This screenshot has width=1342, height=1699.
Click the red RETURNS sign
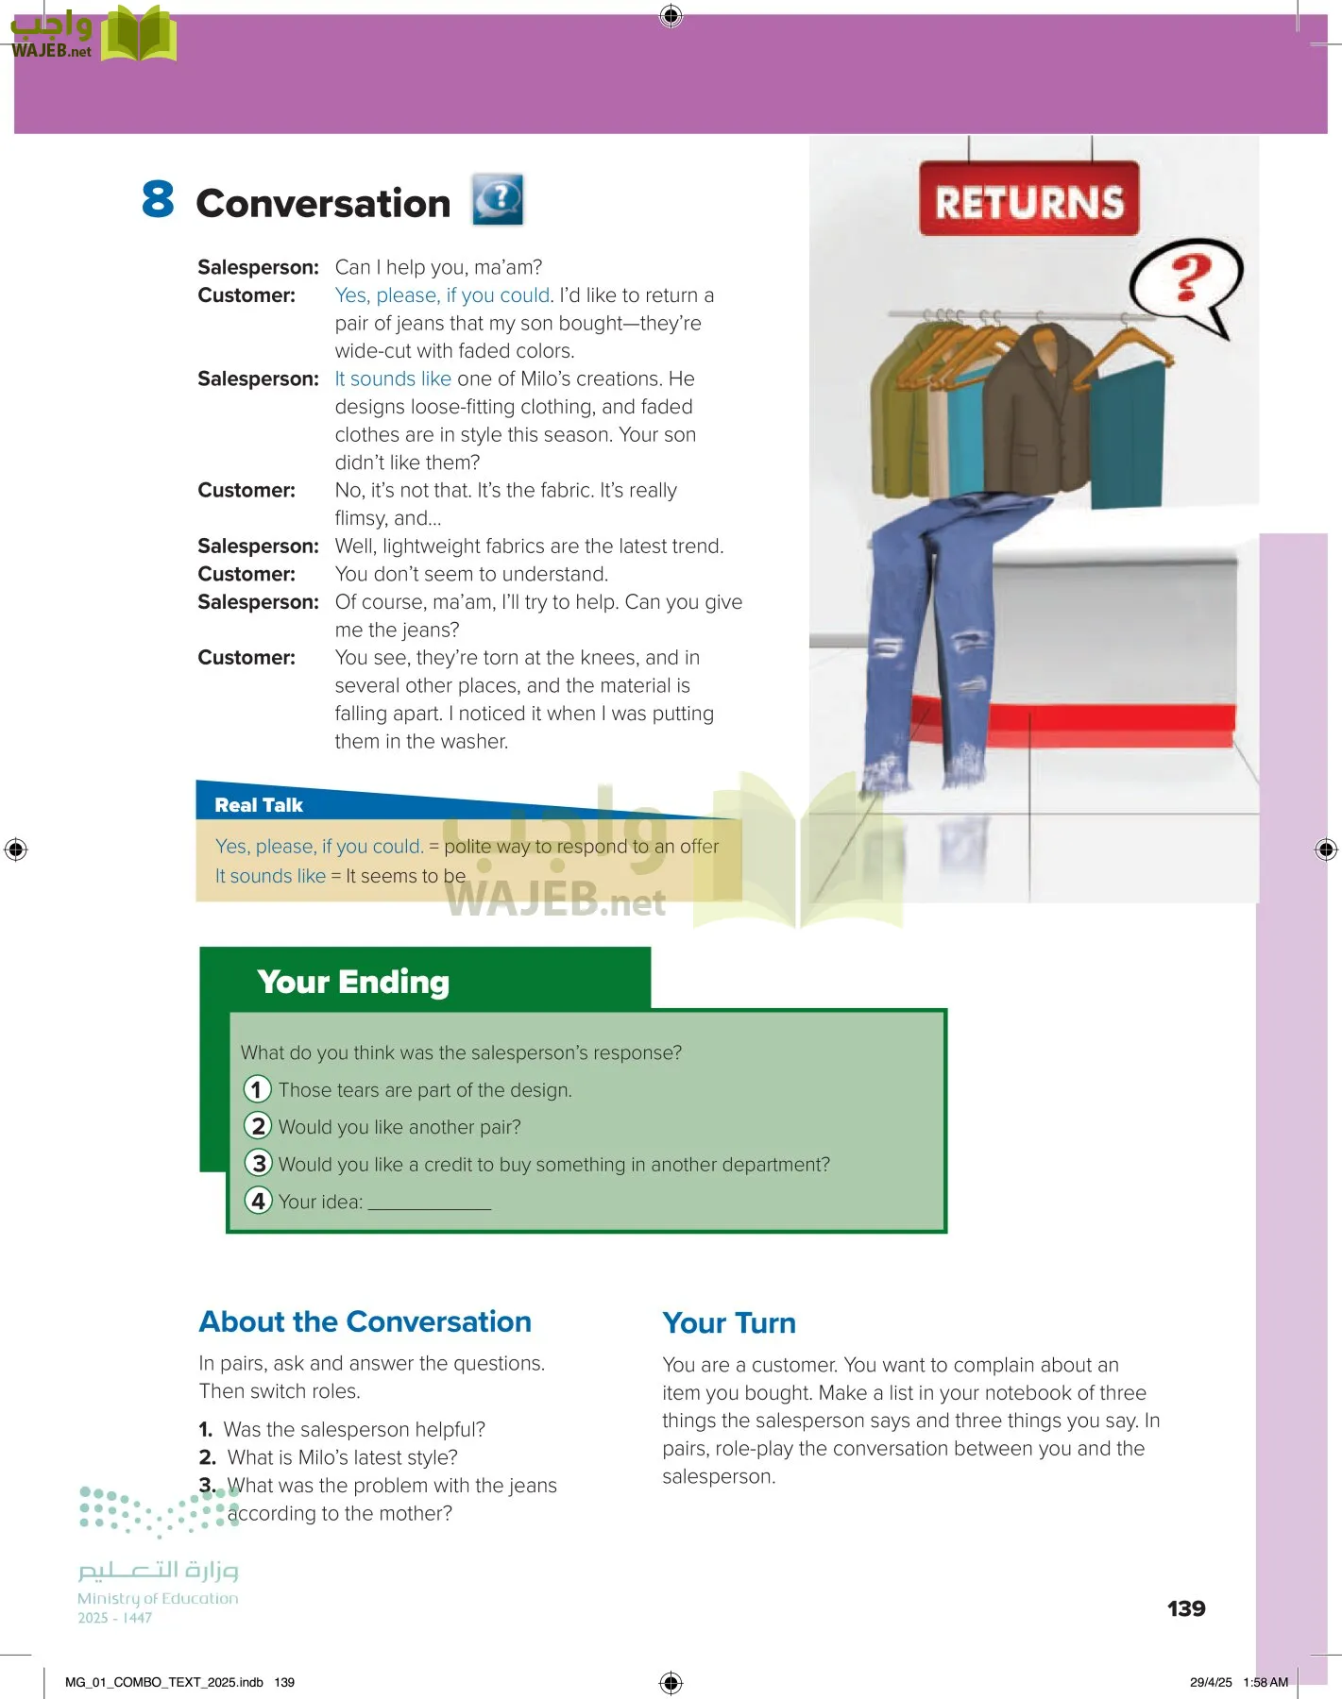pyautogui.click(x=1028, y=199)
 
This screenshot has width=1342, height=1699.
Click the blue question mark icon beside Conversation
pyautogui.click(x=498, y=200)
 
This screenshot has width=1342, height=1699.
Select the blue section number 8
pyautogui.click(x=158, y=199)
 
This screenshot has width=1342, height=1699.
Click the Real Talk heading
pyautogui.click(x=258, y=805)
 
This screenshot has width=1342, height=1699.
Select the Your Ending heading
pyautogui.click(x=352, y=982)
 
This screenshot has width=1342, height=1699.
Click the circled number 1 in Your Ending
pyautogui.click(x=257, y=1089)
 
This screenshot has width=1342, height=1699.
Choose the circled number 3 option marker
pyautogui.click(x=258, y=1163)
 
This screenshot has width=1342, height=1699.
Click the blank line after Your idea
pyautogui.click(x=429, y=1203)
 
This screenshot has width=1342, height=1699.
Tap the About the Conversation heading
pyautogui.click(x=365, y=1321)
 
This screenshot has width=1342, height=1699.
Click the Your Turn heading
pyautogui.click(x=728, y=1322)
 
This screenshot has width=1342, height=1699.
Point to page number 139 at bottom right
pyautogui.click(x=1185, y=1608)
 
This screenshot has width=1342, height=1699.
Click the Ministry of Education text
pyautogui.click(x=158, y=1598)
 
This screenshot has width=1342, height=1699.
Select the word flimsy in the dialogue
pyautogui.click(x=361, y=518)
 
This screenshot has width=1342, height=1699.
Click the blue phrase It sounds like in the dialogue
pyautogui.click(x=392, y=378)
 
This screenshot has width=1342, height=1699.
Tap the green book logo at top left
pyautogui.click(x=138, y=35)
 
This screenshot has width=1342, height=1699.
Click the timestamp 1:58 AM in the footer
pyautogui.click(x=1266, y=1682)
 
